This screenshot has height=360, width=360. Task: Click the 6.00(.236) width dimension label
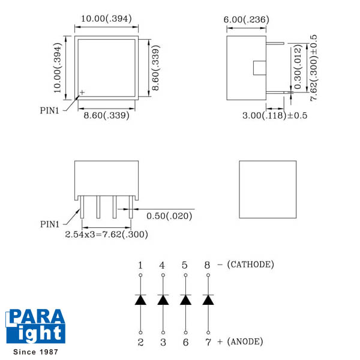coord(247,20)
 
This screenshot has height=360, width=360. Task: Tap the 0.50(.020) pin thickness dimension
coord(169,216)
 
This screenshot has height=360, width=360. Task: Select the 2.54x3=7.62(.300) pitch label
coord(107,235)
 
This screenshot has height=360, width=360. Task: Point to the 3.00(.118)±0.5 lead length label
coord(275,115)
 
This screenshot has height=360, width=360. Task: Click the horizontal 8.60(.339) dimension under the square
coord(107,115)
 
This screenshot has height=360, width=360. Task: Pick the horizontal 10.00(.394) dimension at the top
coord(107,19)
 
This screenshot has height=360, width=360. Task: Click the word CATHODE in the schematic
coord(250,265)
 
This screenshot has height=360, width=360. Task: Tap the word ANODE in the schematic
coord(245,341)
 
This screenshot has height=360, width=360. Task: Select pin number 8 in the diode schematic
coord(207,265)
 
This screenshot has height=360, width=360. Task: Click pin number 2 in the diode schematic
coord(140,342)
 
